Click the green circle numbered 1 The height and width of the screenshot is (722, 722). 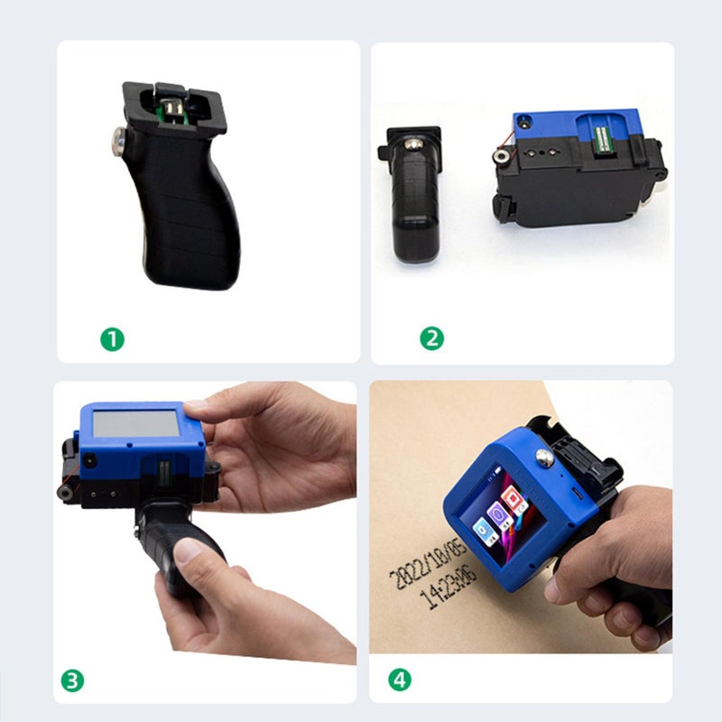[112, 339]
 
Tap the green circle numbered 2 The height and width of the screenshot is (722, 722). [431, 338]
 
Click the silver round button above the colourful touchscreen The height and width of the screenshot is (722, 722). [545, 458]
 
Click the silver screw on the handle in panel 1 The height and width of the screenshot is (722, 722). [118, 138]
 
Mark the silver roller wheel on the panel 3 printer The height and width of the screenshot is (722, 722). [65, 493]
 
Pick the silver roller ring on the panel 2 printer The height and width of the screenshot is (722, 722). [499, 157]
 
